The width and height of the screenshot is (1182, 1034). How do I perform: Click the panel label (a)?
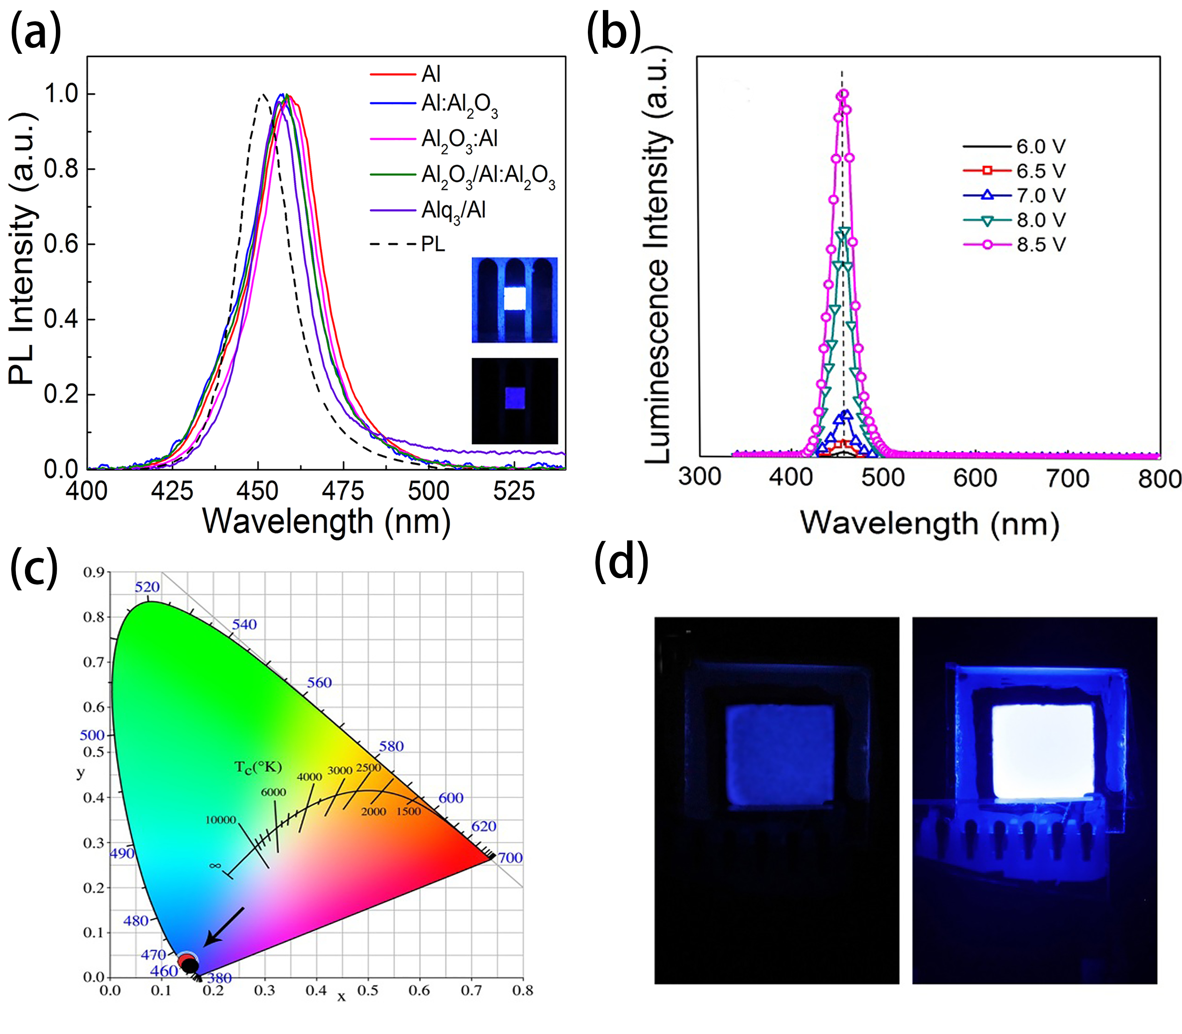(x=36, y=33)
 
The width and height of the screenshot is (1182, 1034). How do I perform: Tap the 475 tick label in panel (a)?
(x=343, y=491)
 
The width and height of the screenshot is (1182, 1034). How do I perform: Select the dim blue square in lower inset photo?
(x=514, y=398)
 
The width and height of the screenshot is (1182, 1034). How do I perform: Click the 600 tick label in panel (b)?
(x=975, y=478)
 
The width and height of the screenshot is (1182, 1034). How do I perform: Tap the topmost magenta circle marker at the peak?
(x=843, y=94)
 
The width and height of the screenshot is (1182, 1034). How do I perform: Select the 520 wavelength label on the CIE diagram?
(x=147, y=587)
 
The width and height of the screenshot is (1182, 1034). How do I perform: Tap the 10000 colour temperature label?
(x=221, y=820)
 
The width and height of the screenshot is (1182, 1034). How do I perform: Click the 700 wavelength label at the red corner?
(x=510, y=858)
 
